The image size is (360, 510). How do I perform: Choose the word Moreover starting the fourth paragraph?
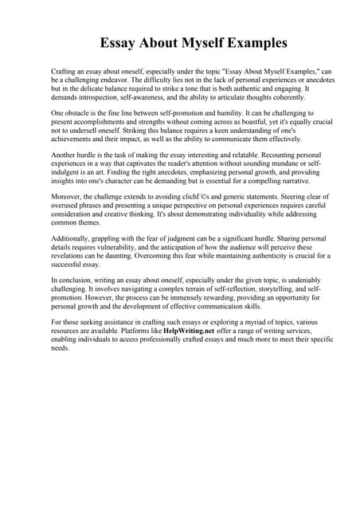[67, 202]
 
